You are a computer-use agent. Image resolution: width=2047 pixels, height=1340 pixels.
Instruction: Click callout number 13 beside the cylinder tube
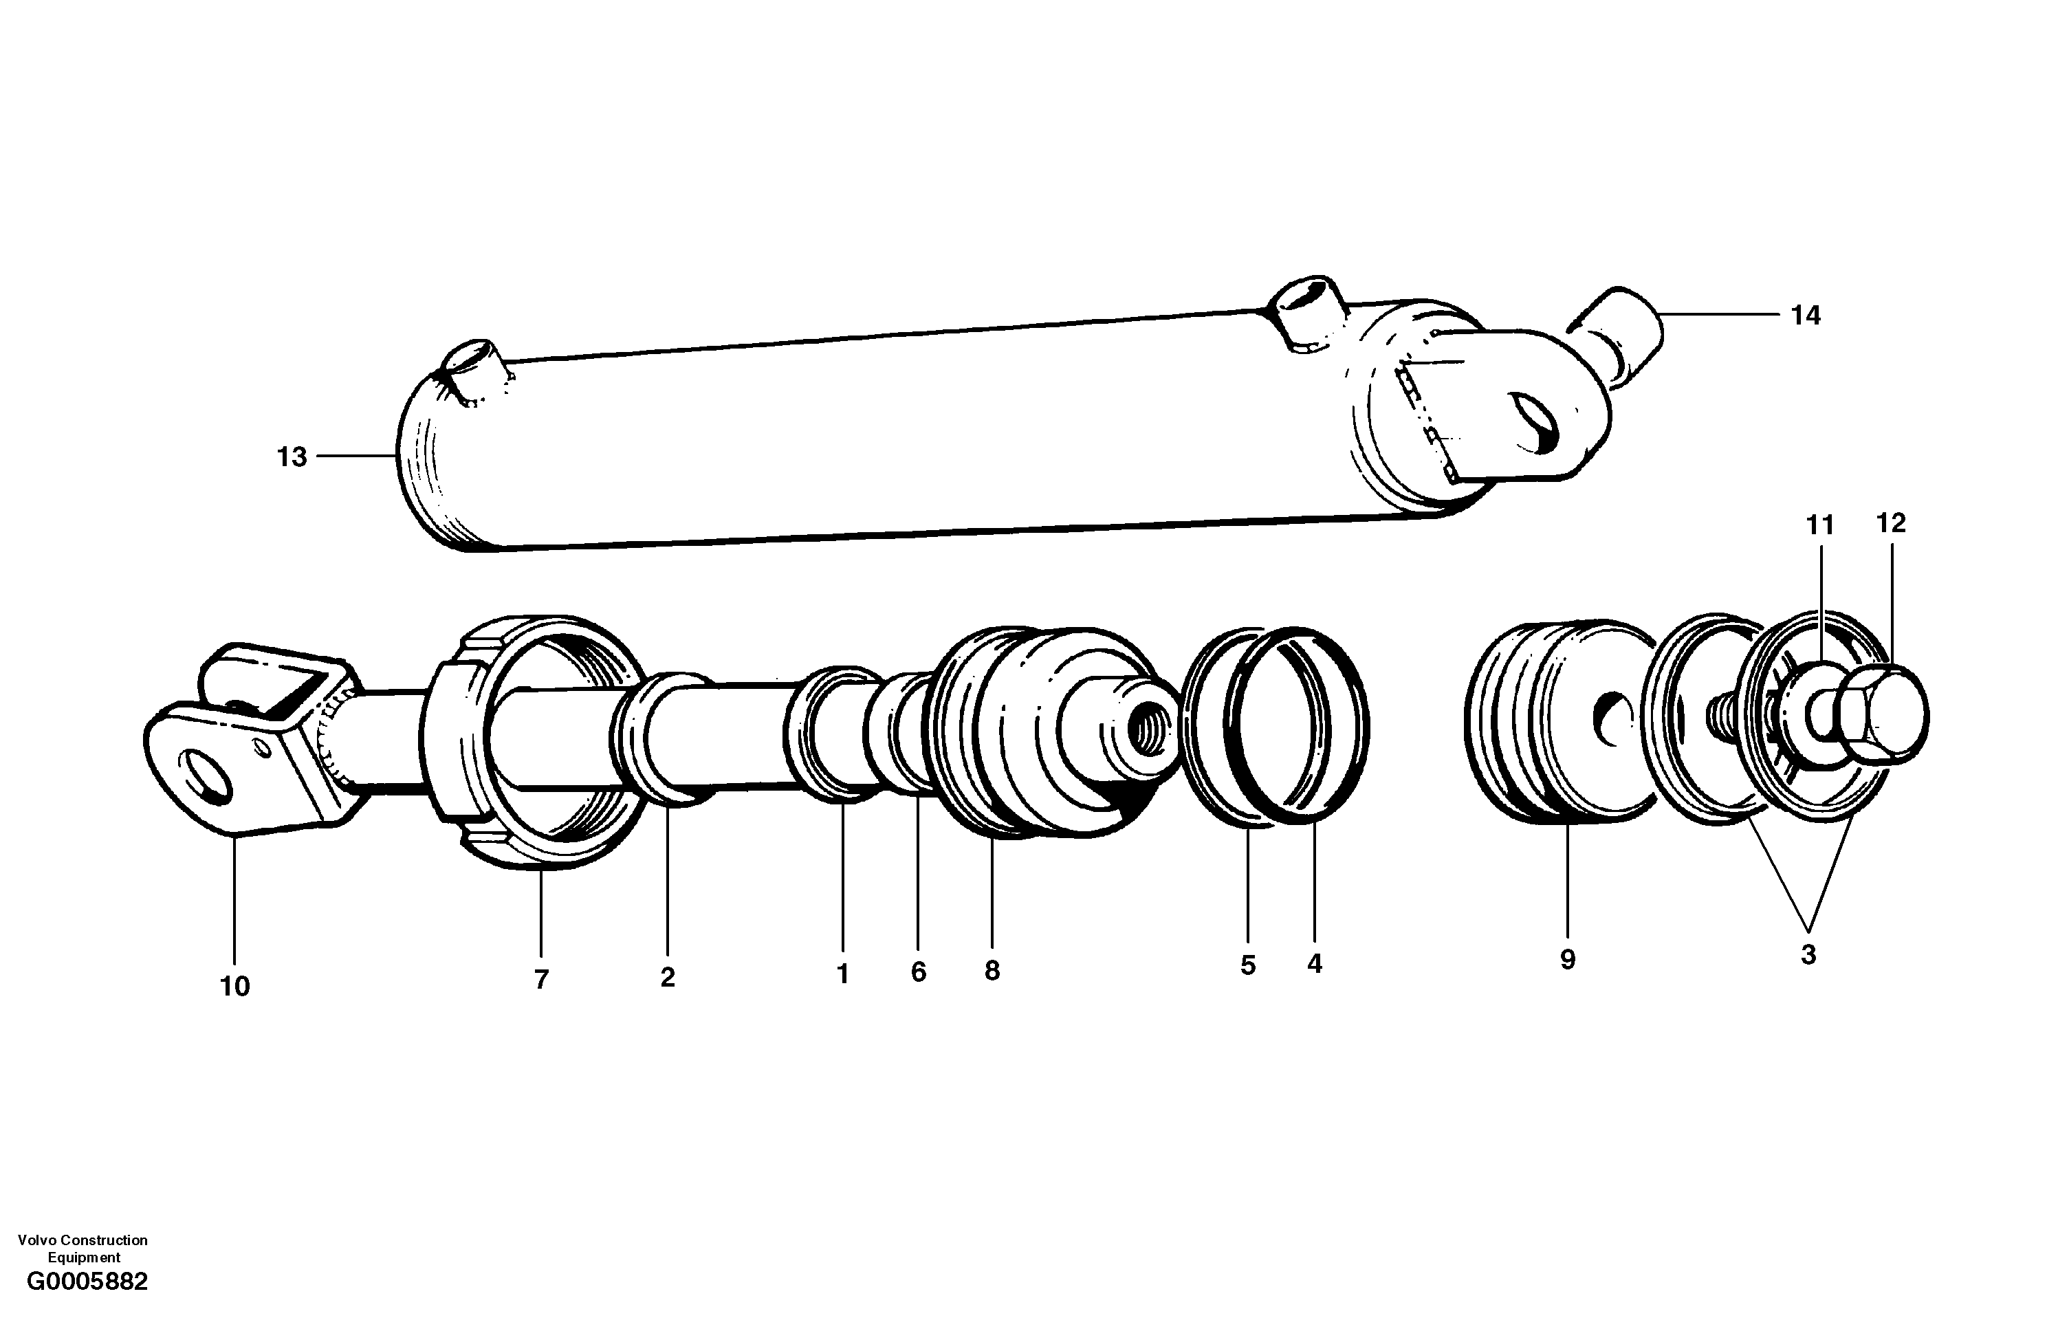[292, 457]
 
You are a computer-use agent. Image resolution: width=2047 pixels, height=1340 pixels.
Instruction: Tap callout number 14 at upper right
[1806, 316]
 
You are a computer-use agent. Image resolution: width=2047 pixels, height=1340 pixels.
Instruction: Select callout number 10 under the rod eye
[234, 987]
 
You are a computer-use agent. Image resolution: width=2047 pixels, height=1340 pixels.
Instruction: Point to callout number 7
[541, 979]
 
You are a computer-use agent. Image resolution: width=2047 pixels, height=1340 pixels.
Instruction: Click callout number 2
[668, 977]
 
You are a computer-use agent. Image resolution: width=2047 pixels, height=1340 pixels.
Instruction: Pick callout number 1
[843, 974]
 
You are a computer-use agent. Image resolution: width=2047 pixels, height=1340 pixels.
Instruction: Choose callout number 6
[919, 972]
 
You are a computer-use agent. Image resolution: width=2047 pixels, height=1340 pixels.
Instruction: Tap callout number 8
[992, 971]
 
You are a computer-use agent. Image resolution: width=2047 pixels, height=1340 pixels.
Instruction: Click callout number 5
[1248, 965]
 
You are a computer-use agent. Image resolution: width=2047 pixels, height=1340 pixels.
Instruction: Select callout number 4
[1314, 964]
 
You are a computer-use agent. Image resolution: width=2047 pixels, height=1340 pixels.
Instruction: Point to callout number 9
[1567, 960]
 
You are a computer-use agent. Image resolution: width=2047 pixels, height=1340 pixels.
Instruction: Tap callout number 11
[1820, 525]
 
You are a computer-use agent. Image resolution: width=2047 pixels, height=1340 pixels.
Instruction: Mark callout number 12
[1890, 523]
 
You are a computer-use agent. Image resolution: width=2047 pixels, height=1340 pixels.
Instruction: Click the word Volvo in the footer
[35, 1240]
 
